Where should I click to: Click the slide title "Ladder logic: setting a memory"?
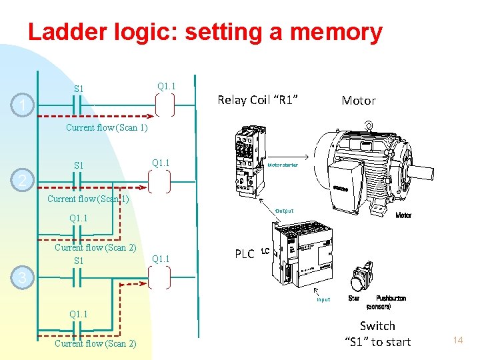pos(205,32)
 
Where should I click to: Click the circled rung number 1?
pos(23,105)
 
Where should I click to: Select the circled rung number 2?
pos(23,181)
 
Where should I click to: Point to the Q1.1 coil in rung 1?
pos(163,105)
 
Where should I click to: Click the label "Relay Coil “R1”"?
pos(258,100)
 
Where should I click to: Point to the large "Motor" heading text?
pos(359,101)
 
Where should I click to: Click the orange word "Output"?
pos(285,211)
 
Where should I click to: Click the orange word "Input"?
pos(323,299)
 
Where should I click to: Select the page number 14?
pos(457,341)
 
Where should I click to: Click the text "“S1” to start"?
pos(377,342)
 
